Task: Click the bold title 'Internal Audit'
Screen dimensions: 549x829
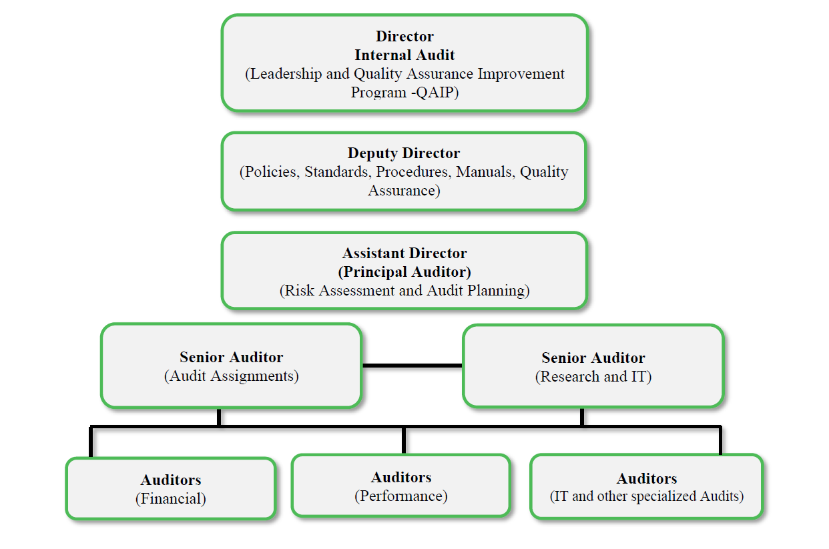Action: point(404,55)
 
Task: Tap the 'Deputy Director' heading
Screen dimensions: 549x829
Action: point(404,153)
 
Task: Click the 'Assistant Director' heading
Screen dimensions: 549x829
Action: point(404,253)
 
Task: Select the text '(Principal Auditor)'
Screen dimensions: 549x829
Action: point(404,272)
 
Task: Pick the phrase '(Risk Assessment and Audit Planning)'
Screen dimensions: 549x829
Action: point(404,291)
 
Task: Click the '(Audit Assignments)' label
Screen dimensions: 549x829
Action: point(231,376)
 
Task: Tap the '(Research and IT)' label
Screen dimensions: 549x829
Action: point(593,377)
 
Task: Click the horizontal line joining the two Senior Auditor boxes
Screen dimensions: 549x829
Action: point(412,366)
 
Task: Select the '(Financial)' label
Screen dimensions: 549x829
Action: point(171,498)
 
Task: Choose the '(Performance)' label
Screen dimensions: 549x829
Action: point(401,496)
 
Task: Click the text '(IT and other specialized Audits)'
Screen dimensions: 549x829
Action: point(646,496)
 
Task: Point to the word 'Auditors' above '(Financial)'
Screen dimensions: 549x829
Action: point(171,480)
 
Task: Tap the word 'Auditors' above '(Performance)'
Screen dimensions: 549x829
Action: point(401,478)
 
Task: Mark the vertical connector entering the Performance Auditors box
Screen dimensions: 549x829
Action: point(404,441)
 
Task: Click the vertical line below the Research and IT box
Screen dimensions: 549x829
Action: point(582,417)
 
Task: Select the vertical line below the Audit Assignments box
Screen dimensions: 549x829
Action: point(219,417)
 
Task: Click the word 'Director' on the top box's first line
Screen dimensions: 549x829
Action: point(404,37)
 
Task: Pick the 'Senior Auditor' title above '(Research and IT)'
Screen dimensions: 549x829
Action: point(593,358)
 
